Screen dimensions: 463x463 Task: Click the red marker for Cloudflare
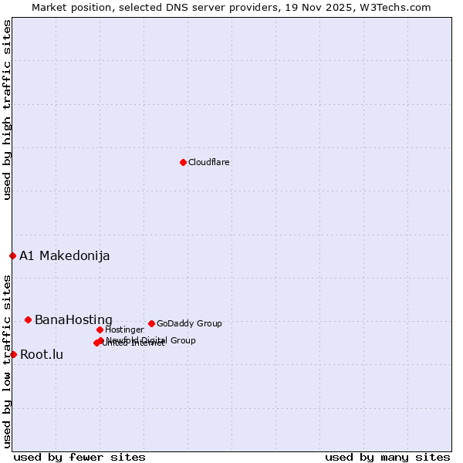coord(183,162)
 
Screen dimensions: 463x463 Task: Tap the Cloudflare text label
coord(208,163)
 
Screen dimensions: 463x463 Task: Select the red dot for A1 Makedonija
coord(12,255)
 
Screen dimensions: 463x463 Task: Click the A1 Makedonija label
coord(64,256)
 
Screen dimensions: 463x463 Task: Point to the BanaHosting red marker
coord(28,319)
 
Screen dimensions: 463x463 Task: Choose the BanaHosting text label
coord(73,320)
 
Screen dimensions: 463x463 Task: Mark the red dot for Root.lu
coord(13,354)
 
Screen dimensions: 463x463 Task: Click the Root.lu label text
coord(42,355)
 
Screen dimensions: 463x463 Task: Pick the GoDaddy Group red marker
coord(151,323)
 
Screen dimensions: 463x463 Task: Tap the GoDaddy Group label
coord(189,324)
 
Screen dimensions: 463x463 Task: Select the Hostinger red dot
coord(100,330)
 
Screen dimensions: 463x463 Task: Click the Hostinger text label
coord(124,330)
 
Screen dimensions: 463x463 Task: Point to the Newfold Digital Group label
coord(151,340)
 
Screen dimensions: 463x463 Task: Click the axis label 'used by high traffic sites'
coord(8,110)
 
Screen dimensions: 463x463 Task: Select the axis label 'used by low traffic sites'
coord(8,360)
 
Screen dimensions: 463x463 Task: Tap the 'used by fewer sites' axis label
coord(79,457)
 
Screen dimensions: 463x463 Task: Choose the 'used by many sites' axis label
coord(387,457)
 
